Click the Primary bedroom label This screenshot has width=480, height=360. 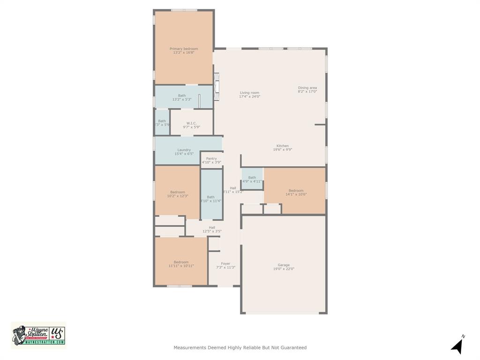pyautogui.click(x=184, y=49)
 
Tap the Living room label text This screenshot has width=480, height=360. pyautogui.click(x=249, y=93)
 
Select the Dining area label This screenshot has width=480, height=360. pyautogui.click(x=307, y=88)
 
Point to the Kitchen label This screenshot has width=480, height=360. pyautogui.click(x=282, y=146)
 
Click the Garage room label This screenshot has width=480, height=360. pyautogui.click(x=284, y=265)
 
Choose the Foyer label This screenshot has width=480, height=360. pyautogui.click(x=225, y=263)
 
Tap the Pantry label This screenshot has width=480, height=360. pyautogui.click(x=211, y=158)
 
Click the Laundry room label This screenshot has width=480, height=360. pyautogui.click(x=184, y=150)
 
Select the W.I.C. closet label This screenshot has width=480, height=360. pyautogui.click(x=191, y=123)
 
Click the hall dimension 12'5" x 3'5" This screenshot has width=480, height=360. pyautogui.click(x=212, y=231)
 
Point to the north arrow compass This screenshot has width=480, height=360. pyautogui.click(x=457, y=345)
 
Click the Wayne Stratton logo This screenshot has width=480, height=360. pyautogui.click(x=38, y=335)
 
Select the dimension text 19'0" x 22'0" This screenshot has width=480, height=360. pyautogui.click(x=284, y=269)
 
